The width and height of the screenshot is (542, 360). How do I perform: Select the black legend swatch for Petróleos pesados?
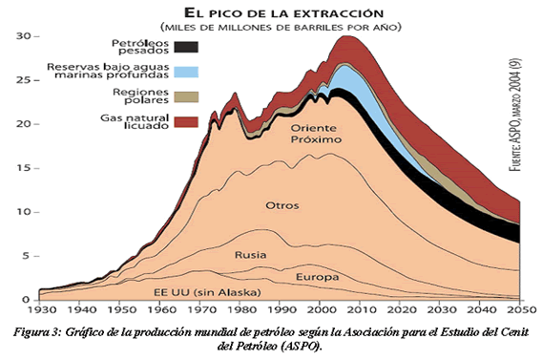pos(187,46)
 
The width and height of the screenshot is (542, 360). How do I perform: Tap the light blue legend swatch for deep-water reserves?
pos(187,72)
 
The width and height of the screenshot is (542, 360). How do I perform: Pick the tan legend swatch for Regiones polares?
pos(187,96)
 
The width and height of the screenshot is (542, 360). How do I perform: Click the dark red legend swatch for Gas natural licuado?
pos(187,121)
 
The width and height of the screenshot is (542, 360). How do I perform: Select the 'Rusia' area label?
pos(249,255)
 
